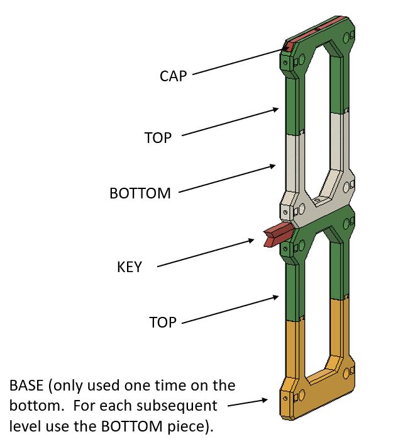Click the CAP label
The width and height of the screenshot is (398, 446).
click(x=173, y=76)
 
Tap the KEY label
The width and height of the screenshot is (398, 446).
click(x=130, y=267)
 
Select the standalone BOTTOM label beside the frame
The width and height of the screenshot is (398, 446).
click(x=140, y=193)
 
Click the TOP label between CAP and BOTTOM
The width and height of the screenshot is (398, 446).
click(x=158, y=137)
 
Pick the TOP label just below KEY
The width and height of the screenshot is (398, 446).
click(x=163, y=323)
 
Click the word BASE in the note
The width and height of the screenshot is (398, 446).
click(x=28, y=385)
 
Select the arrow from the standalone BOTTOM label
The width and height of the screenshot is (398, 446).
click(x=226, y=178)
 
